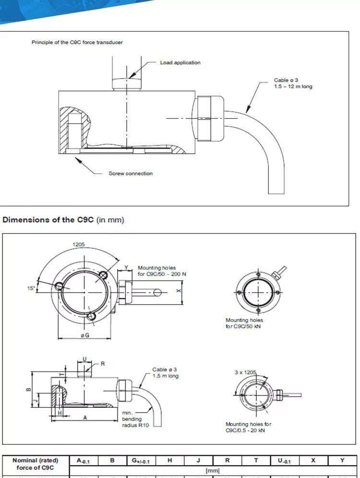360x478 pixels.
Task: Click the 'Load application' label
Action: [x=180, y=62]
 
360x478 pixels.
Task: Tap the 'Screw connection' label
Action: [x=131, y=173]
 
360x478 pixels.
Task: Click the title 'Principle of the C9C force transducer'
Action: [x=77, y=42]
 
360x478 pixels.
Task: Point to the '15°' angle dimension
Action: [x=31, y=289]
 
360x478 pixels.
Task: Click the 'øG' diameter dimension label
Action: [x=85, y=335]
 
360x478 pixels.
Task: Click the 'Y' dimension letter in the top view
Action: [x=126, y=268]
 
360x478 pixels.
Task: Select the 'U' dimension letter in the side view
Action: [x=85, y=358]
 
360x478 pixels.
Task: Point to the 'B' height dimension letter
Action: [x=28, y=390]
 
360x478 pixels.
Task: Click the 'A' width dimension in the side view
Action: [x=85, y=417]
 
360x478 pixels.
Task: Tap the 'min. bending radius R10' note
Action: [x=132, y=419]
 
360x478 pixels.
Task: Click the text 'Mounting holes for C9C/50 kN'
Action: [x=244, y=323]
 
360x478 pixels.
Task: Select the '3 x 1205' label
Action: [x=245, y=372]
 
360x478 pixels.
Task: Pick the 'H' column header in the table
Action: [x=169, y=460]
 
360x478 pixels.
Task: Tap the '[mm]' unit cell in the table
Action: [x=212, y=471]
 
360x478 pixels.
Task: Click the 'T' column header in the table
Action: [x=256, y=460]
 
